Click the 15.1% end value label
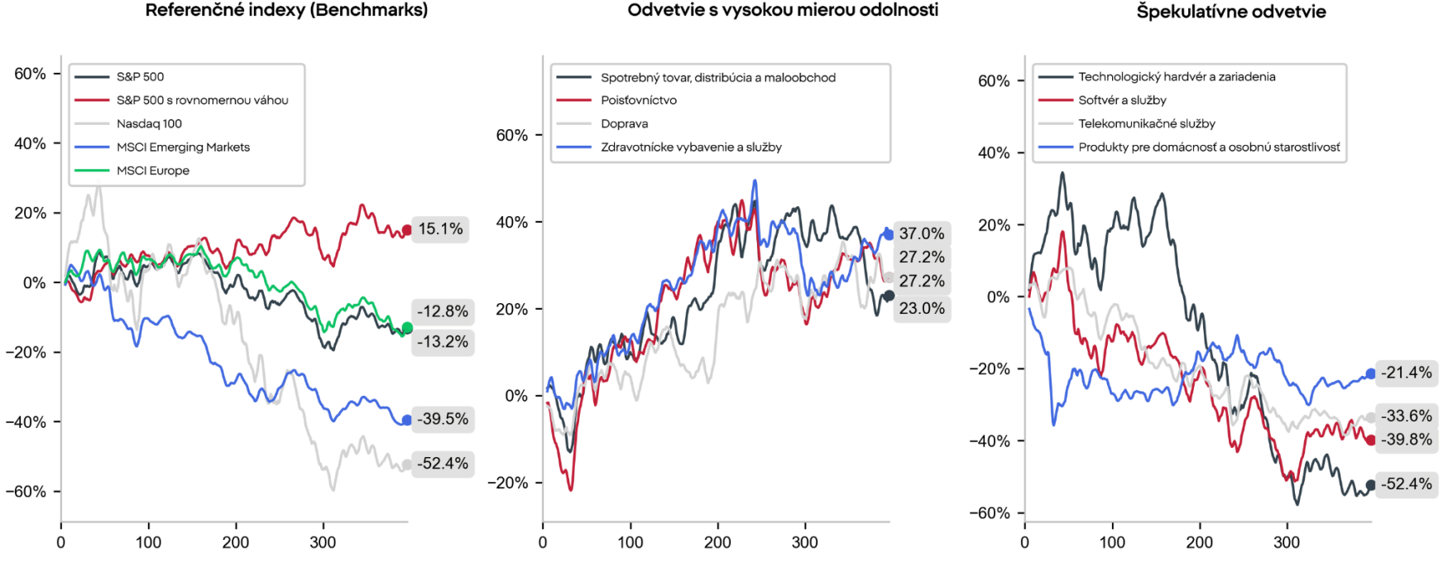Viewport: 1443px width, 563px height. point(440,229)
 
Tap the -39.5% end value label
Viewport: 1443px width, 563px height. point(443,419)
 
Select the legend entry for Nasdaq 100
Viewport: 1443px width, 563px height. point(128,123)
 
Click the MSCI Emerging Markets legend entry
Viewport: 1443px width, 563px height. point(162,147)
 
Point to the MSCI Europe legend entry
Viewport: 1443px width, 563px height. point(132,171)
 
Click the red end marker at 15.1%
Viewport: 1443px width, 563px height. point(406,230)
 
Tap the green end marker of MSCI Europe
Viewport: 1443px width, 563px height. point(406,328)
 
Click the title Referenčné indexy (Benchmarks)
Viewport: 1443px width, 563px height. point(286,10)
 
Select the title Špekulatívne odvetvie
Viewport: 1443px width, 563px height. point(1231,12)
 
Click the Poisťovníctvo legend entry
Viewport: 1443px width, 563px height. point(616,100)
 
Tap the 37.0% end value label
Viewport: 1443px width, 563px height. point(922,233)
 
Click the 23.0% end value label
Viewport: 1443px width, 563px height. point(922,308)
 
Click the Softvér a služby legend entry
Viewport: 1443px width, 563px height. point(1102,100)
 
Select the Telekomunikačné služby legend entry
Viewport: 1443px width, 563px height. point(1127,123)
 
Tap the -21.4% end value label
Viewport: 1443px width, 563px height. point(1406,373)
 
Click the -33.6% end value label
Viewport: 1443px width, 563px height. point(1406,416)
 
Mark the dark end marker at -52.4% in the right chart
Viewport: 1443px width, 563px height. point(1370,485)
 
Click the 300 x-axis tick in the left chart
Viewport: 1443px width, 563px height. point(323,542)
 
